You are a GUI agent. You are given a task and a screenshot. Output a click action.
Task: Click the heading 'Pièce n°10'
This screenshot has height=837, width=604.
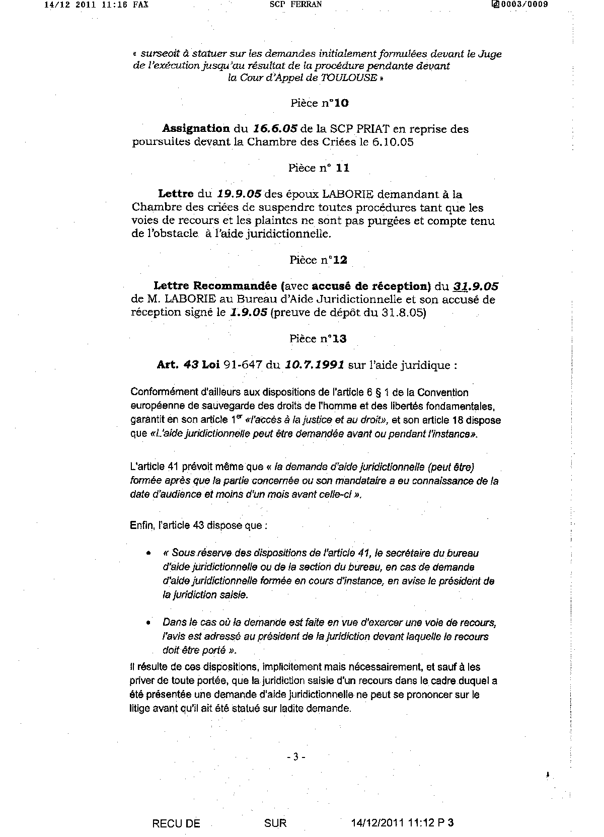coord(319,103)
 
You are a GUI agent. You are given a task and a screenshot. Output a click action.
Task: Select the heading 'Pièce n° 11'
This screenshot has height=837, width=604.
coord(319,168)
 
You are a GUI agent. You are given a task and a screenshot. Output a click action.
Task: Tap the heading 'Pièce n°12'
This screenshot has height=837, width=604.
coord(318,260)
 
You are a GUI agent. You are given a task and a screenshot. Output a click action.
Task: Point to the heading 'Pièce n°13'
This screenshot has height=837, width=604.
coord(318,339)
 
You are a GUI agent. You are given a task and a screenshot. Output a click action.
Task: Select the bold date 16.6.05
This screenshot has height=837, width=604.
coord(275,129)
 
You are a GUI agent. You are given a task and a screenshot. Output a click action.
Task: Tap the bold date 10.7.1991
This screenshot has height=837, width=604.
coord(314,365)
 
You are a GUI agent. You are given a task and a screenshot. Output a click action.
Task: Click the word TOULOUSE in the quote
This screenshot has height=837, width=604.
coord(349,78)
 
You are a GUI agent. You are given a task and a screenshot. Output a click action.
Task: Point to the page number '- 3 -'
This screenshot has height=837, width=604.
coord(296,756)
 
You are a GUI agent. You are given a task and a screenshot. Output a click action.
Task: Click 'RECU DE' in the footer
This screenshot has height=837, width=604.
coord(176,823)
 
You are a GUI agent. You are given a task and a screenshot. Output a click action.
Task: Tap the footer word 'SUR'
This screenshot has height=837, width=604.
coord(275,823)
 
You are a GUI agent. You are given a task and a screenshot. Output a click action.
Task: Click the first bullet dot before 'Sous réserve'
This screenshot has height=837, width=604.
coord(148,553)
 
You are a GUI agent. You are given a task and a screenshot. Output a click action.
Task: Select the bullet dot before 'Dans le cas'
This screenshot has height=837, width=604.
coord(148,623)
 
